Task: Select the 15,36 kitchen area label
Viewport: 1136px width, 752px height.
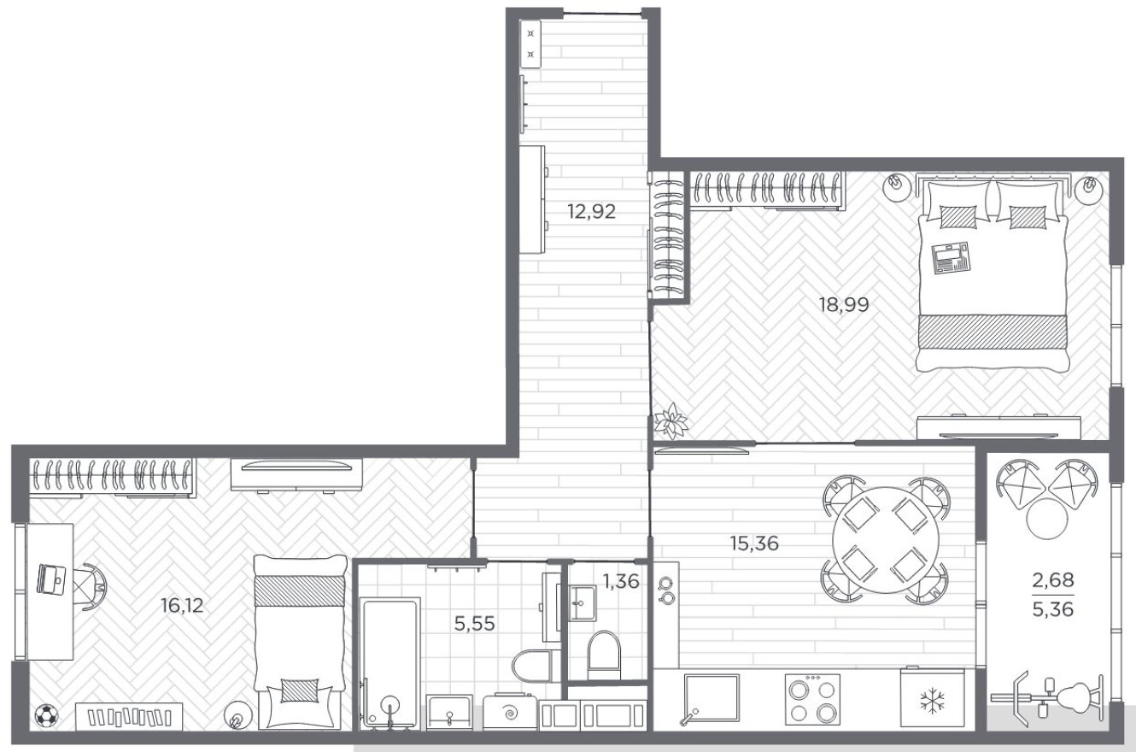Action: pyautogui.click(x=753, y=543)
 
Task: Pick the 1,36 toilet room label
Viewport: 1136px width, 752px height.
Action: pyautogui.click(x=620, y=582)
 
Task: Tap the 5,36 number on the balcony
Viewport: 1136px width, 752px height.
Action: pyautogui.click(x=1052, y=610)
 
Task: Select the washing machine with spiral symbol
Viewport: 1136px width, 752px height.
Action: pyautogui.click(x=511, y=712)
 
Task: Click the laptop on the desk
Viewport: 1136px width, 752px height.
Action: pyautogui.click(x=53, y=578)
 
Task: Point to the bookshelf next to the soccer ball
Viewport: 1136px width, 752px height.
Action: pyautogui.click(x=129, y=716)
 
